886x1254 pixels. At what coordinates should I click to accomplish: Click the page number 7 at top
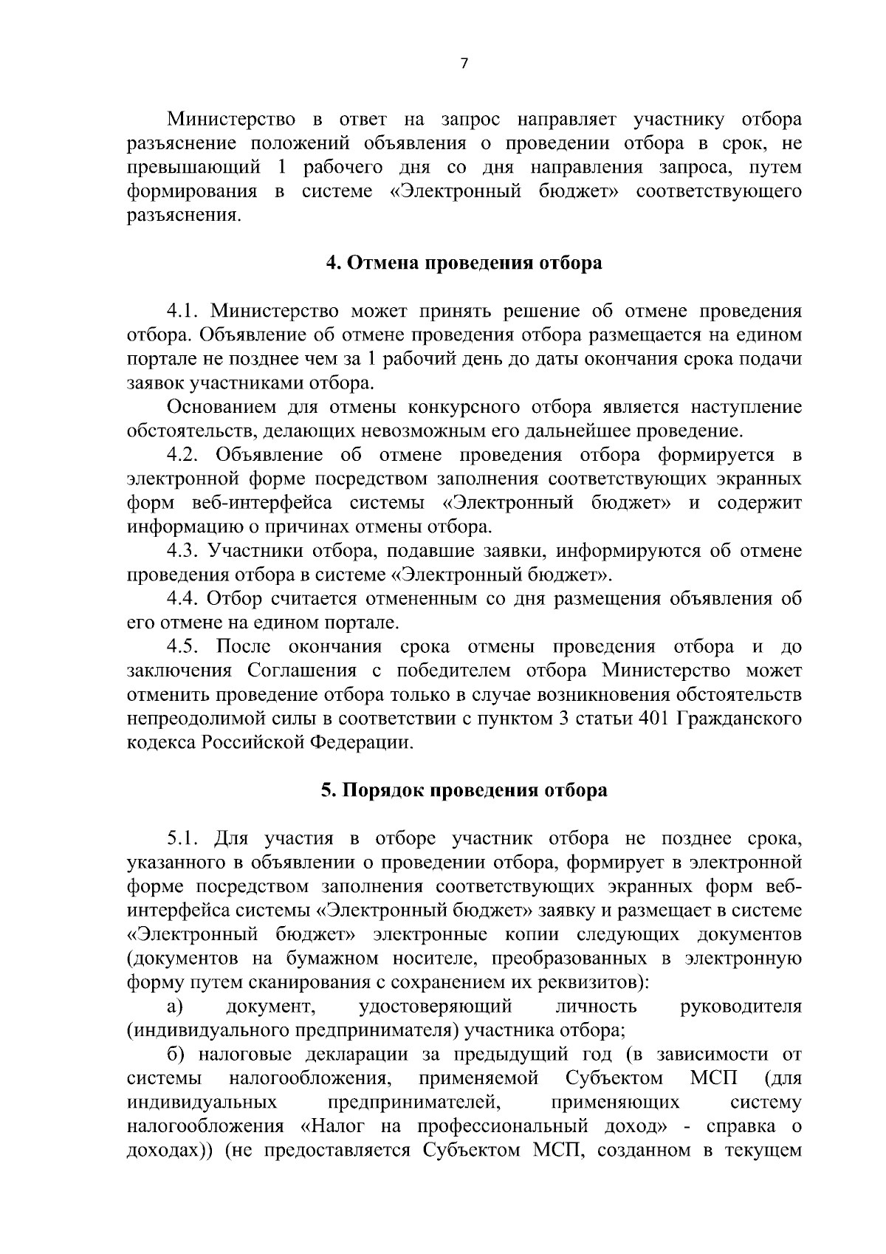tap(464, 64)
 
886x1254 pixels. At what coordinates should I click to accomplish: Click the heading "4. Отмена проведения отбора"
tap(464, 263)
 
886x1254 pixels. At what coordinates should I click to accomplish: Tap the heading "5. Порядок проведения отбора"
tap(464, 790)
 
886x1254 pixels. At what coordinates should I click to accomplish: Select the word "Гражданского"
tap(739, 719)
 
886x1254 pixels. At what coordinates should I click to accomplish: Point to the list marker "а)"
tap(175, 1007)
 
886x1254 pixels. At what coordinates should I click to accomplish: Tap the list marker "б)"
tap(176, 1055)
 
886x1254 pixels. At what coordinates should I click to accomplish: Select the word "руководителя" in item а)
tap(741, 1007)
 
